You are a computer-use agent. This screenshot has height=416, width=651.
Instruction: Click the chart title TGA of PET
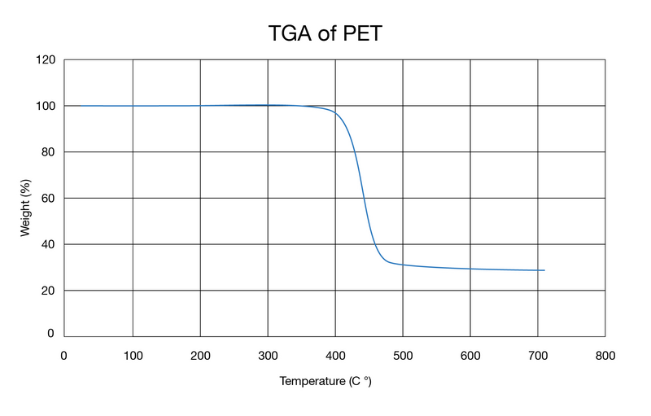(325, 33)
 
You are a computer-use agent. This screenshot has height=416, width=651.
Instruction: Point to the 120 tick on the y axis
(46, 60)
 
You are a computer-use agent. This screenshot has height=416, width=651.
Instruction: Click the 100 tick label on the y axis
(46, 106)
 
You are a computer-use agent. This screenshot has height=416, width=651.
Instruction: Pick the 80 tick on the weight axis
(48, 152)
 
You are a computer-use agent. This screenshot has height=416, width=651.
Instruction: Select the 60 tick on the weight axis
(48, 199)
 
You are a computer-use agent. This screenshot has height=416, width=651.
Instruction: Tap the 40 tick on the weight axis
(48, 244)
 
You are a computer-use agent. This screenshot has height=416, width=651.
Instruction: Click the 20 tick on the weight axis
(48, 291)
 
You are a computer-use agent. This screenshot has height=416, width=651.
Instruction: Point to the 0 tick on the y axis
(51, 333)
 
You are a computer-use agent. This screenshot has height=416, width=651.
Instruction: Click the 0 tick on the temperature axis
(64, 355)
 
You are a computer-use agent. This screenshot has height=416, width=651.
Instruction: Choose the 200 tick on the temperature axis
(200, 355)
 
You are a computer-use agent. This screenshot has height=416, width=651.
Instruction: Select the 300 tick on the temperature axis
(268, 355)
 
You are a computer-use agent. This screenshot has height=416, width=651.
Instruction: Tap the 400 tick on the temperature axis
(335, 355)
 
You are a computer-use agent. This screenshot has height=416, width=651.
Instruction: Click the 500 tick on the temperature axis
(403, 355)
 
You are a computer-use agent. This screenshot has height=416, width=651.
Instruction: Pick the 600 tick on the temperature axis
(470, 355)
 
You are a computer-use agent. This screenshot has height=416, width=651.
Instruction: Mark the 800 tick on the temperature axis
(605, 355)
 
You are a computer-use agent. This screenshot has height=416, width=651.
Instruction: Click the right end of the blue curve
(544, 270)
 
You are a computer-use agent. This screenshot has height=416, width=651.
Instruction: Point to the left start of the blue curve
(67, 106)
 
